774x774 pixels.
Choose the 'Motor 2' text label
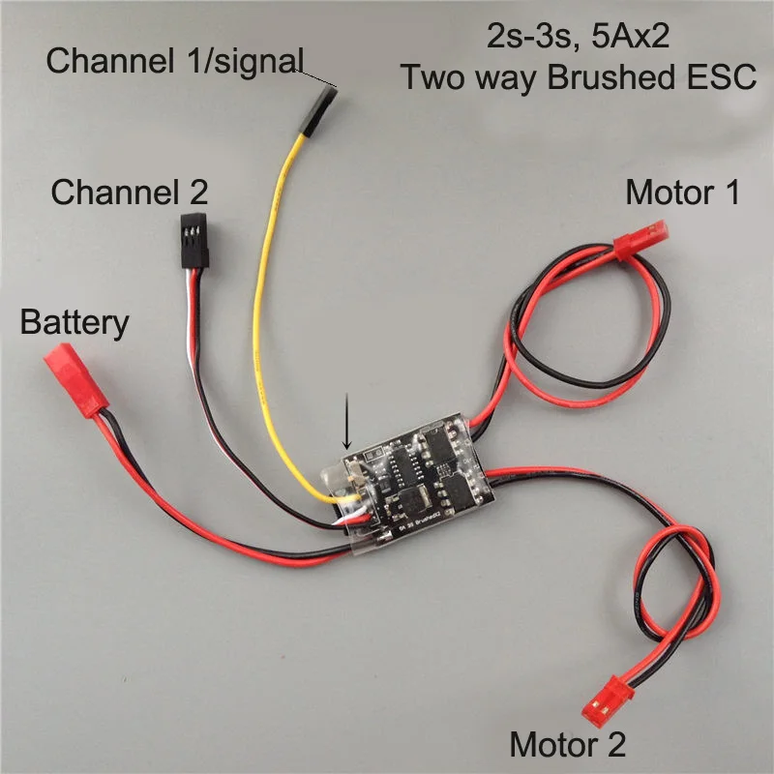567,745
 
